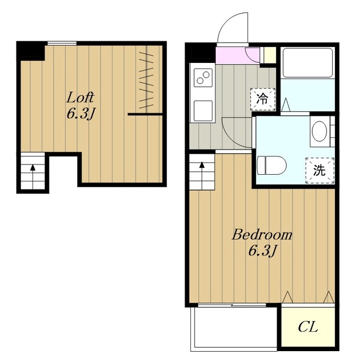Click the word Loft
(81, 98)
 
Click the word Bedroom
(262, 234)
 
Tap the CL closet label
(308, 327)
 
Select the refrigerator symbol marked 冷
(263, 99)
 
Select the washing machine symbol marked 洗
(320, 170)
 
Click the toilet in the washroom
(271, 166)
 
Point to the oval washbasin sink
(320, 131)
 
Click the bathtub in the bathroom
(307, 63)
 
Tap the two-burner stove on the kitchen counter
(203, 78)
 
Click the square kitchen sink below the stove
(203, 111)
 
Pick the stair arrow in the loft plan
(33, 176)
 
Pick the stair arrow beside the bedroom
(202, 175)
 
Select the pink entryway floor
(237, 56)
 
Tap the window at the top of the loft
(62, 43)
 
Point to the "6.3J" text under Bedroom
(263, 251)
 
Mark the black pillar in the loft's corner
(30, 51)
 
